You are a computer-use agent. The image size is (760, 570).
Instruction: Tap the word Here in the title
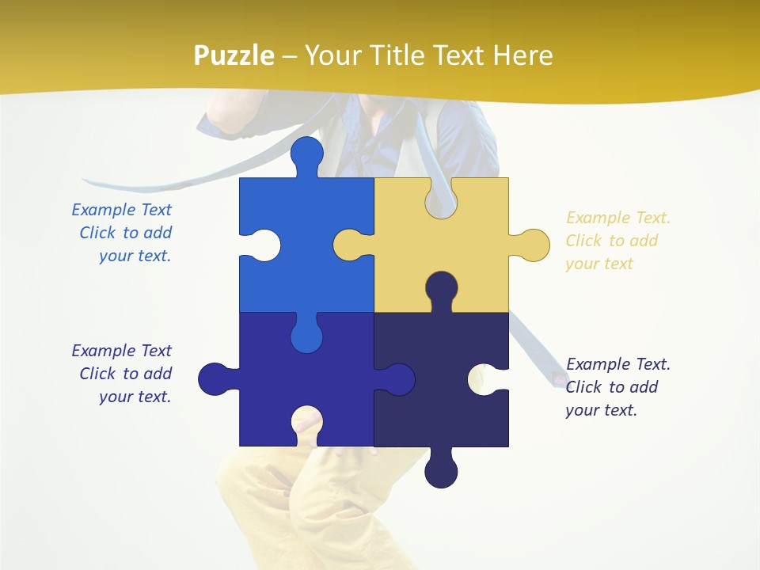coord(522,55)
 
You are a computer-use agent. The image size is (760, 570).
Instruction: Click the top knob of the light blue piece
coord(306,152)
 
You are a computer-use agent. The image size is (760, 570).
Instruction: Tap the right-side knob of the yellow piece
coord(533,245)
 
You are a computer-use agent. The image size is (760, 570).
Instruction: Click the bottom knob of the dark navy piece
coord(441,471)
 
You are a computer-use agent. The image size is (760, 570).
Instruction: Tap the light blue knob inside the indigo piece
coord(306,336)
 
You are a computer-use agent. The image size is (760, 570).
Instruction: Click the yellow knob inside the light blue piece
coord(350,245)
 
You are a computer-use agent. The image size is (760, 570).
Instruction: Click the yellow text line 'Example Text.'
coord(618,218)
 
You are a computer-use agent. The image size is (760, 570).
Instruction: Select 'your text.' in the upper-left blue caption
coord(135,256)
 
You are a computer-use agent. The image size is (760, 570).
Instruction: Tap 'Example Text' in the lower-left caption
coord(121,350)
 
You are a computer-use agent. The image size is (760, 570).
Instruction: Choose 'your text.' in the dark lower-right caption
coord(601,410)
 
